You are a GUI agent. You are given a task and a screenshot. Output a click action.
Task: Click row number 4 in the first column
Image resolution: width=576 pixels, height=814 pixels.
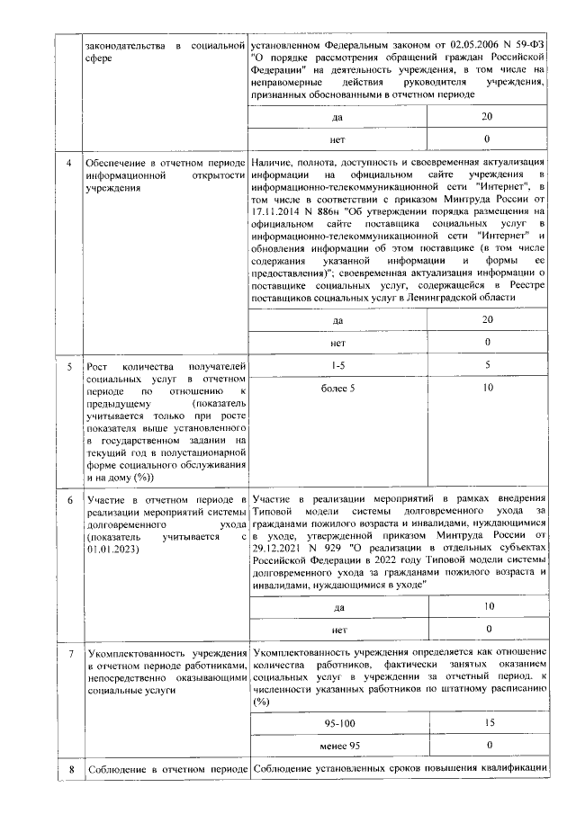tap(70, 161)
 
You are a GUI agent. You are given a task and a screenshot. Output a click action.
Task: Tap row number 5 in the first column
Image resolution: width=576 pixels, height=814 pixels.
tap(70, 367)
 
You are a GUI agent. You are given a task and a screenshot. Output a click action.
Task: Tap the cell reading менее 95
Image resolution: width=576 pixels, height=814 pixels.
tap(338, 747)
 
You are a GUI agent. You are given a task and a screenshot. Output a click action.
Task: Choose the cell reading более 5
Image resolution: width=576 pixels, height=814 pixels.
tap(338, 388)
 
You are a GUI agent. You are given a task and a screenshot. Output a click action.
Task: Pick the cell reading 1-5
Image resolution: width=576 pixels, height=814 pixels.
tap(338, 365)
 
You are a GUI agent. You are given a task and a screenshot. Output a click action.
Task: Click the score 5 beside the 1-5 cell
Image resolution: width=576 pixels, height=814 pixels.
tap(487, 365)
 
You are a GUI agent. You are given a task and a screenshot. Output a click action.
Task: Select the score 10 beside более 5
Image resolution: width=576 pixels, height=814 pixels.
tap(487, 388)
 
